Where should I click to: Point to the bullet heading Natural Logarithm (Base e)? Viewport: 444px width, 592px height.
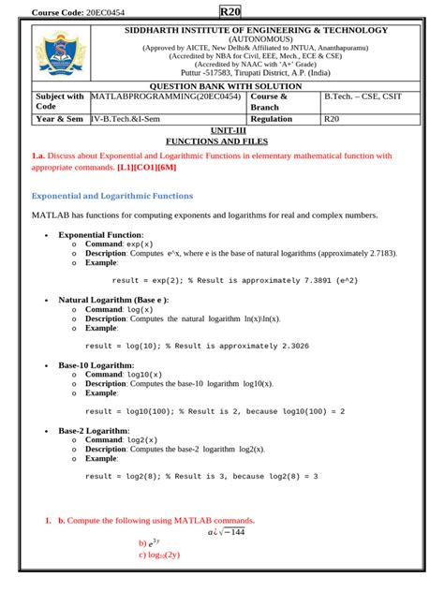click(x=114, y=300)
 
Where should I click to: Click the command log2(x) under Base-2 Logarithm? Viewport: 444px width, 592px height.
click(x=145, y=439)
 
